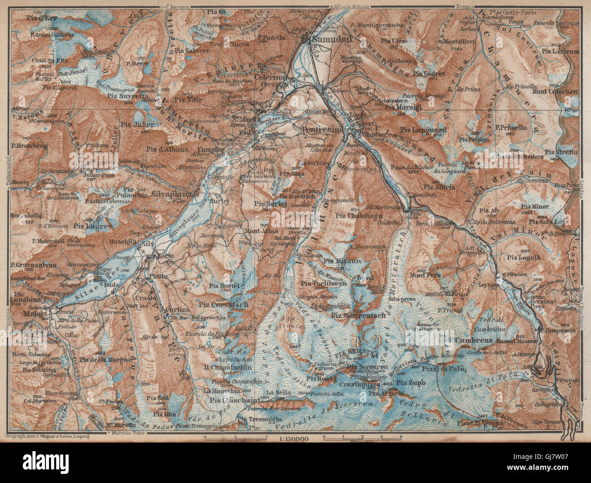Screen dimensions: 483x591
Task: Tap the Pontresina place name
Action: coord(323,129)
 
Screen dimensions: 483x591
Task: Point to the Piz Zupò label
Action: coord(411,382)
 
